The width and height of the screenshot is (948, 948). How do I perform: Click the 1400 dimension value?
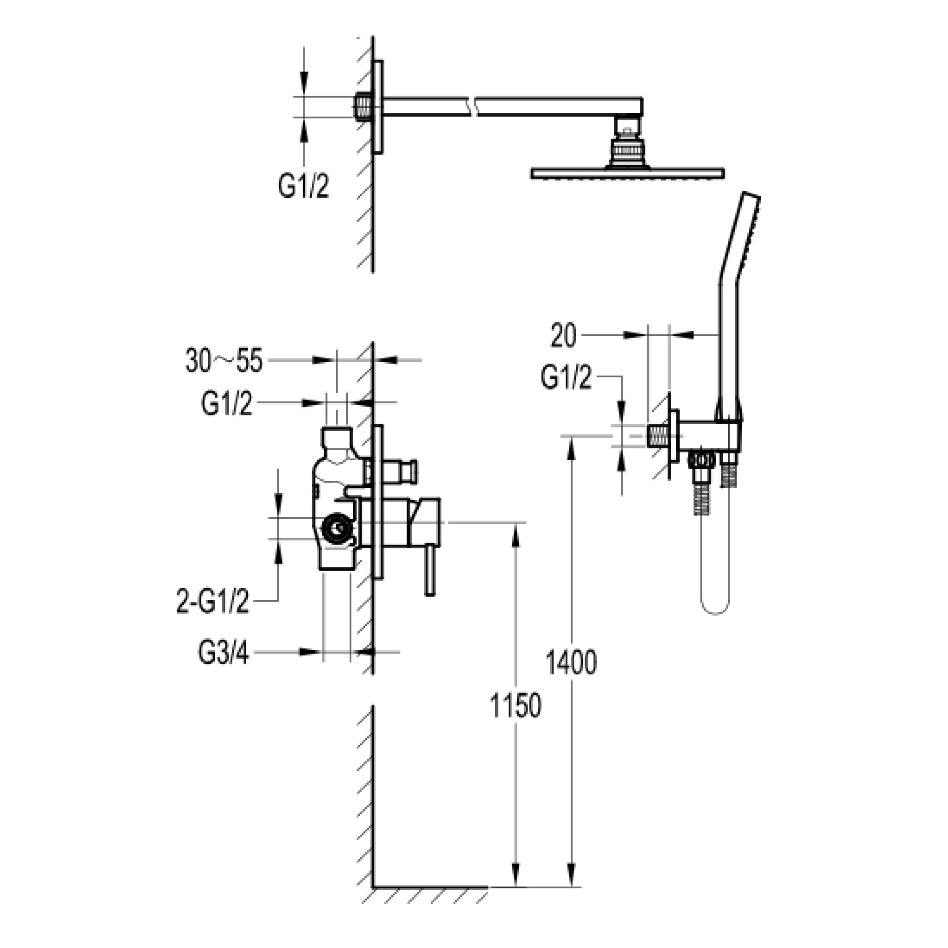pyautogui.click(x=571, y=663)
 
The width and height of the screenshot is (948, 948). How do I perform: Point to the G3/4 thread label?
pyautogui.click(x=223, y=654)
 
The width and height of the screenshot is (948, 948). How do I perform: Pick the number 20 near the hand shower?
pyautogui.click(x=563, y=336)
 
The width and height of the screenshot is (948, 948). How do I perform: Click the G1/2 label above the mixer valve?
pyautogui.click(x=227, y=404)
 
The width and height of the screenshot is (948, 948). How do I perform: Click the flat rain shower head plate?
pyautogui.click(x=627, y=173)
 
